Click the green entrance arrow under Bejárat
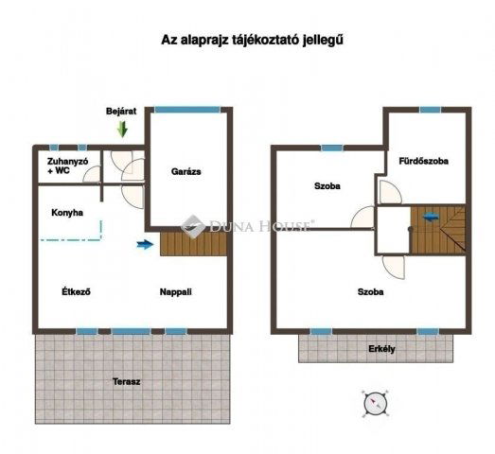pyautogui.click(x=122, y=129)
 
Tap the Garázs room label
pyautogui.click(x=186, y=171)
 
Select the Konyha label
pyautogui.click(x=67, y=213)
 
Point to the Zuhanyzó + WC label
pyautogui.click(x=67, y=166)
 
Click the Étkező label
pyautogui.click(x=76, y=291)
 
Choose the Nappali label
pyautogui.click(x=175, y=292)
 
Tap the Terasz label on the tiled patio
pyautogui.click(x=126, y=382)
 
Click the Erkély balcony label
pyautogui.click(x=381, y=349)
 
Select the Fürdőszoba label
pyautogui.click(x=423, y=161)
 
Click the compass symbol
pyautogui.click(x=375, y=404)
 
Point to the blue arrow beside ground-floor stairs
pyautogui.click(x=145, y=244)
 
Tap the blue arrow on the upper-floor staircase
pyautogui.click(x=431, y=217)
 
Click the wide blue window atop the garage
pyautogui.click(x=186, y=110)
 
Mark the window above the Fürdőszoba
pyautogui.click(x=431, y=110)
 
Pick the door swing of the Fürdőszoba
pyautogui.click(x=390, y=192)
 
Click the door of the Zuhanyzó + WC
pyautogui.click(x=91, y=173)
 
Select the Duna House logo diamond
pyautogui.click(x=193, y=226)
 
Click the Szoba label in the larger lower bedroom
pyautogui.click(x=371, y=292)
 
